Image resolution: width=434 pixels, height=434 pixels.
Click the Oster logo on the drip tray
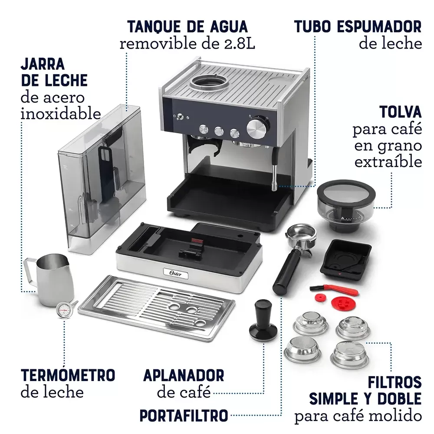point(175,273)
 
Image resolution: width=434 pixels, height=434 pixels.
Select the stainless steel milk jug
point(49,279)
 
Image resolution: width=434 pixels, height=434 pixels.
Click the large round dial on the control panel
point(258,128)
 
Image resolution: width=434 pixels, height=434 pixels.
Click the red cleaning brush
point(333,289)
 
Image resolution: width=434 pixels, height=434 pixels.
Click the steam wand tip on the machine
point(274,185)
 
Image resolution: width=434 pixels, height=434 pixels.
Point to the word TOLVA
point(401,112)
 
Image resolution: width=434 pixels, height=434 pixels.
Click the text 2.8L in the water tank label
point(239,44)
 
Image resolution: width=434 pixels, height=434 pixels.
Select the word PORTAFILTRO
point(184,415)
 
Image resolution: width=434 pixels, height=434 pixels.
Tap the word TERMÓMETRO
point(68,375)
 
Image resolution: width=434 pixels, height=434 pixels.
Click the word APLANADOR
point(184,375)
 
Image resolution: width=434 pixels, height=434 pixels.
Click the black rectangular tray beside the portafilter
point(346,258)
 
